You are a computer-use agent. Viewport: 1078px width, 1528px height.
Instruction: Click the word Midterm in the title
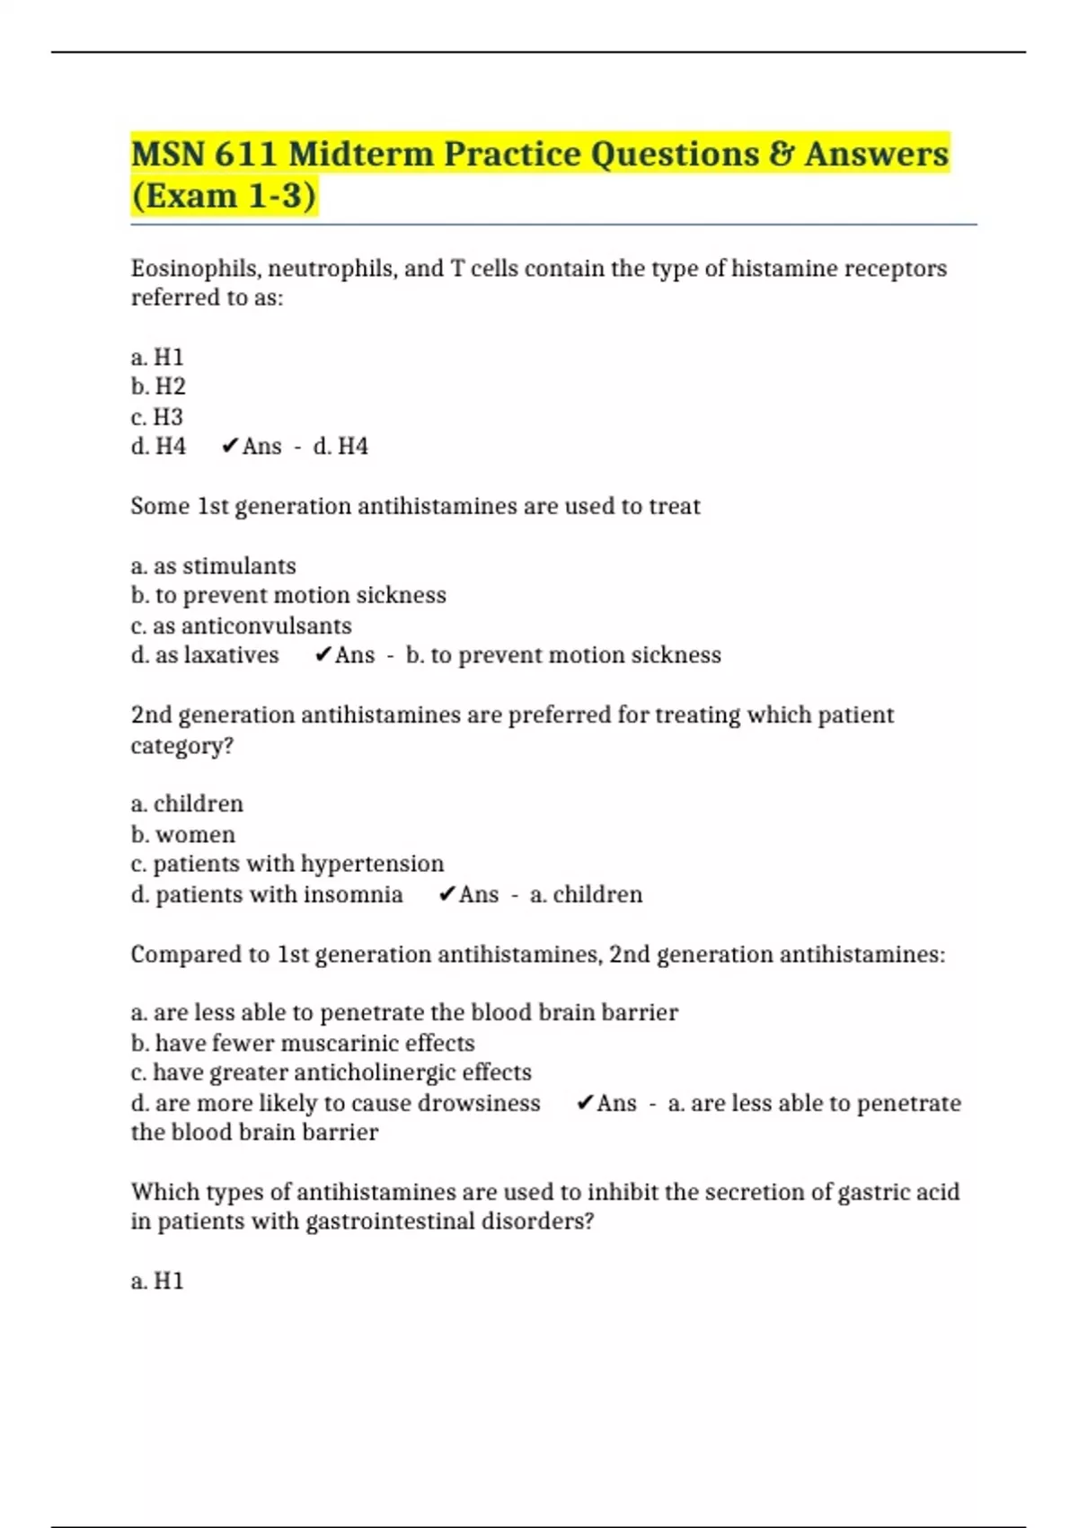[360, 154]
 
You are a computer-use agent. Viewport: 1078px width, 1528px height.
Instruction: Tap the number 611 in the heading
[245, 154]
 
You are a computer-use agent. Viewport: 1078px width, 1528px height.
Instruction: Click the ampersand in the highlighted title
[781, 154]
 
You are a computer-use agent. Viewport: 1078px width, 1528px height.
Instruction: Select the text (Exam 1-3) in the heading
[224, 196]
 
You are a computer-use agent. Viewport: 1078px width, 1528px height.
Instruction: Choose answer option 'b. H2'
[158, 386]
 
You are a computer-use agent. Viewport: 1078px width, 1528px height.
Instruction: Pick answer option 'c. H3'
[157, 417]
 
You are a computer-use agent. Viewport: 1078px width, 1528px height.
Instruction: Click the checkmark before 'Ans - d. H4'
[229, 447]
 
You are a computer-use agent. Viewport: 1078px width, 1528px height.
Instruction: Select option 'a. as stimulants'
[213, 566]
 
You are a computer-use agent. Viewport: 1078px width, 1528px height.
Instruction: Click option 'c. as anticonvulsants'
[241, 626]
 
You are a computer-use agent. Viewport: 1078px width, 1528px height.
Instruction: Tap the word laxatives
[231, 655]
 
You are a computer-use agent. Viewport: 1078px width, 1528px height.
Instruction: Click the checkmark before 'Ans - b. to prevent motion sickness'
[323, 655]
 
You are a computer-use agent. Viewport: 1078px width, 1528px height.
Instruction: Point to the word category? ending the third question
[181, 746]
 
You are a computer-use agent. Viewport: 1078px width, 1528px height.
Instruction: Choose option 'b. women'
[183, 835]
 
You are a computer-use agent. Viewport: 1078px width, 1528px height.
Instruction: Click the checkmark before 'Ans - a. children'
[446, 895]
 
